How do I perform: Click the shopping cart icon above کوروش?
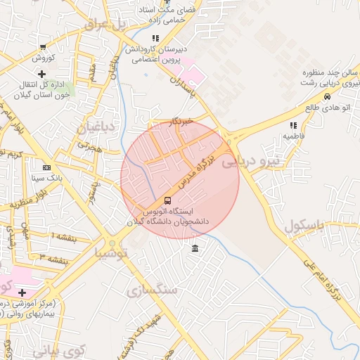pyautogui.click(x=44, y=46)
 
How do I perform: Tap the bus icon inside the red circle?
pyautogui.click(x=167, y=200)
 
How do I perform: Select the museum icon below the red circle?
pyautogui.click(x=195, y=247)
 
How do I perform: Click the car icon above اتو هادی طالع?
pyautogui.click(x=327, y=96)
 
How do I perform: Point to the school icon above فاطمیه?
pyautogui.click(x=293, y=124)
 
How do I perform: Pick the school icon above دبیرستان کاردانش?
pyautogui.click(x=155, y=38)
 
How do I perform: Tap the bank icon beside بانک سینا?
pyautogui.click(x=46, y=167)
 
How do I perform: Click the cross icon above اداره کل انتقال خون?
pyautogui.click(x=41, y=73)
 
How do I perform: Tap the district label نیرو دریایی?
pyautogui.click(x=251, y=162)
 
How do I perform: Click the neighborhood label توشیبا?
pyautogui.click(x=112, y=251)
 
